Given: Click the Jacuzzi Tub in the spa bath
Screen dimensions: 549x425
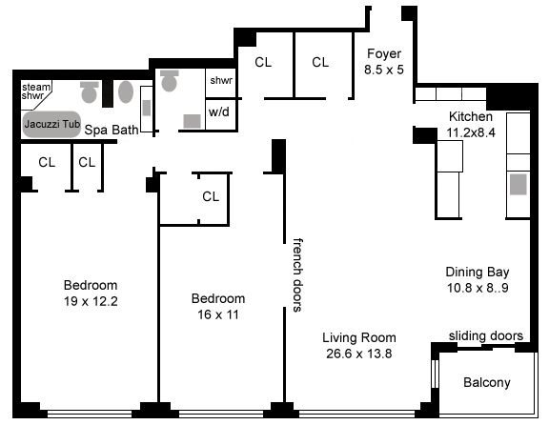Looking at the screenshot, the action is (x=51, y=124).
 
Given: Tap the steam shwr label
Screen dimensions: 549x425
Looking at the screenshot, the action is (x=35, y=91).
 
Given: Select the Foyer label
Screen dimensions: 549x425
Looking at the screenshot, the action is (x=384, y=53).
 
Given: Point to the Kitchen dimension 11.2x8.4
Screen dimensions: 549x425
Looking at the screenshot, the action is (x=471, y=132).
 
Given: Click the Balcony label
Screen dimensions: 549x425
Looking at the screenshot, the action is (x=487, y=382).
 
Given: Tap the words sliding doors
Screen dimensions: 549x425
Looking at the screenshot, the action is (x=486, y=335).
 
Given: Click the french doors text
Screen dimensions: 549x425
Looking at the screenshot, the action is (x=297, y=274).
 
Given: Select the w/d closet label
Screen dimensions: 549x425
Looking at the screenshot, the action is (x=219, y=112).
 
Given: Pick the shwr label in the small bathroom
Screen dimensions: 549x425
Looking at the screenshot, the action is (x=221, y=80).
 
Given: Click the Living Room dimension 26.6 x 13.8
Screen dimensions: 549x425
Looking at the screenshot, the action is (x=359, y=354).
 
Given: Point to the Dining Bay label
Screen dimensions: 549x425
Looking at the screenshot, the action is (x=478, y=272).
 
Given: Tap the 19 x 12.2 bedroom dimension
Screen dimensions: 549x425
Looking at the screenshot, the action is (x=91, y=301).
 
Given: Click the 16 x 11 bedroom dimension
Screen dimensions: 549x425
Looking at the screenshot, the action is (x=217, y=314).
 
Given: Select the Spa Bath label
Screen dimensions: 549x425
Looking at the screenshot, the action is (x=112, y=130).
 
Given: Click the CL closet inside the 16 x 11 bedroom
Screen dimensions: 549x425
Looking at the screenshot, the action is (x=211, y=196).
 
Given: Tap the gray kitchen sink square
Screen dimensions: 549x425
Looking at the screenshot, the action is (x=518, y=184).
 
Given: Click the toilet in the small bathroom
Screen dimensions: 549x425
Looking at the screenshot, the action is (x=169, y=80).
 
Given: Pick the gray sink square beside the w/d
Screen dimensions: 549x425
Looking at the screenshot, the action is (x=193, y=121).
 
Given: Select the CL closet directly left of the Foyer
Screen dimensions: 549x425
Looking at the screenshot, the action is (x=320, y=62).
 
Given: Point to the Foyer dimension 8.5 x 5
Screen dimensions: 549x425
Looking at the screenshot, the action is (x=384, y=70).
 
